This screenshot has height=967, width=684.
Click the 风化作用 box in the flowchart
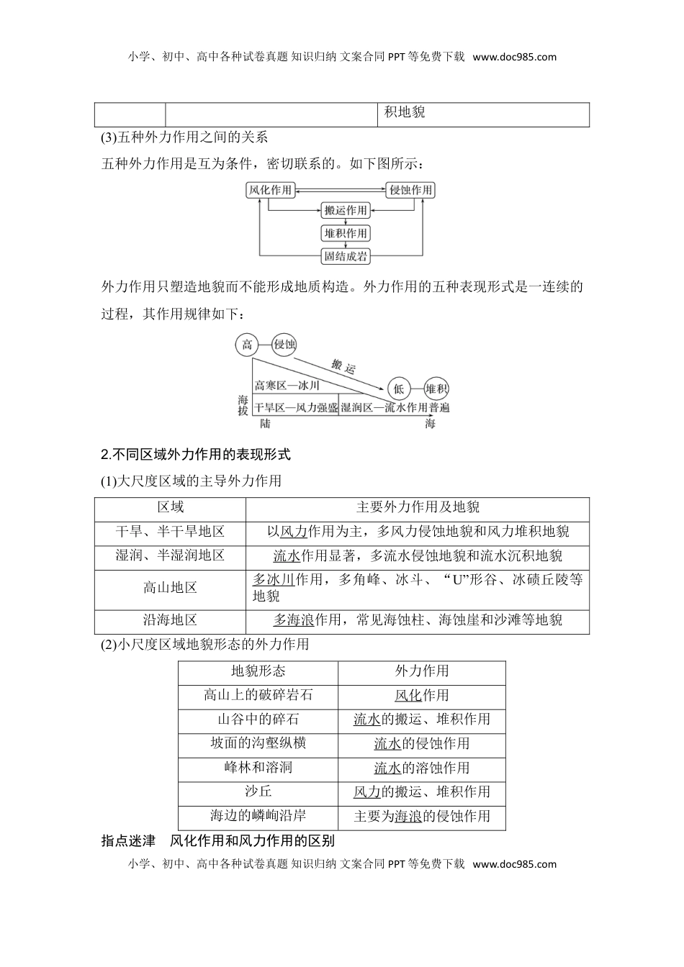[270, 190]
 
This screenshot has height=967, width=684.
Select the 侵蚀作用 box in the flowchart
[411, 190]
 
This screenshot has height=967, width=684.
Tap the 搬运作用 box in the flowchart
[346, 211]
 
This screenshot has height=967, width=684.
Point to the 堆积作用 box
[346, 233]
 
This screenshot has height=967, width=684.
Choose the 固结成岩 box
[346, 255]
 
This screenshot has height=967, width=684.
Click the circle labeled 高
[247, 345]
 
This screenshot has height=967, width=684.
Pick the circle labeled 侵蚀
[285, 345]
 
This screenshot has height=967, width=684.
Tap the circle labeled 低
[398, 389]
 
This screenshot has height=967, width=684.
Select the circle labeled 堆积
[436, 389]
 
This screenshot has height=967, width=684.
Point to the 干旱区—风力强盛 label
[296, 408]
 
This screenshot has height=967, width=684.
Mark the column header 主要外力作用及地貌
[418, 507]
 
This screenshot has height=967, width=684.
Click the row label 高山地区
[170, 588]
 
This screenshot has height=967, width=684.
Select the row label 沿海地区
[170, 620]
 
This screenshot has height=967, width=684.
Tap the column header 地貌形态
[258, 671]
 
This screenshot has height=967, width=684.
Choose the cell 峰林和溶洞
[258, 768]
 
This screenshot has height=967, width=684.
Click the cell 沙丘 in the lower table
[258, 791]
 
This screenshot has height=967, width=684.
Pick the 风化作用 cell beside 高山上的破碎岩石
[421, 696]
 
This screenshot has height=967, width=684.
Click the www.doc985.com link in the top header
[515, 57]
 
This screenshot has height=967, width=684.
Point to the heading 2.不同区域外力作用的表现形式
[196, 455]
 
